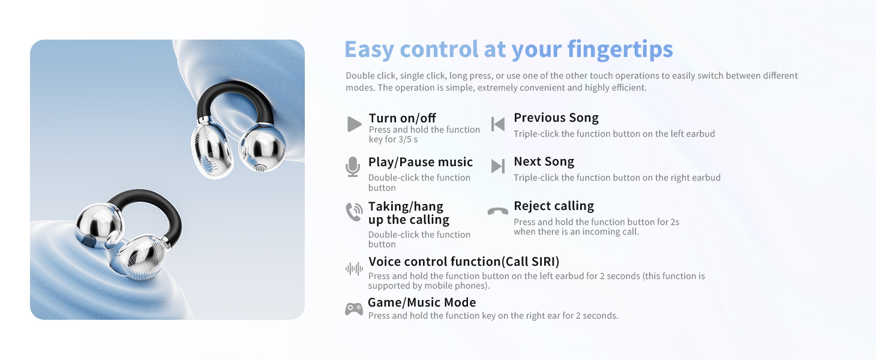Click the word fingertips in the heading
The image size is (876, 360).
pyautogui.click(x=620, y=50)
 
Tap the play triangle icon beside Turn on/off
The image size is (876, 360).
pyautogui.click(x=355, y=124)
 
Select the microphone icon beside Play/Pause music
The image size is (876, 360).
pyautogui.click(x=353, y=167)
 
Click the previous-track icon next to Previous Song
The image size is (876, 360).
pyautogui.click(x=498, y=124)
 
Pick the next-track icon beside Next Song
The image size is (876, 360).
pyautogui.click(x=498, y=166)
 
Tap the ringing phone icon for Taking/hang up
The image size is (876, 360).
pyautogui.click(x=354, y=212)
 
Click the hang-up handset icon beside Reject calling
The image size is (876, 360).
pyautogui.click(x=498, y=211)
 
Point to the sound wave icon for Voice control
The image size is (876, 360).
pyautogui.click(x=355, y=269)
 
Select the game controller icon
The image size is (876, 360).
pyautogui.click(x=354, y=309)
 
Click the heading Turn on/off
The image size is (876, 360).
pyautogui.click(x=402, y=118)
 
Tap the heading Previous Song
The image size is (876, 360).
pyautogui.click(x=556, y=118)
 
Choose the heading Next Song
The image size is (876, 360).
pyautogui.click(x=544, y=161)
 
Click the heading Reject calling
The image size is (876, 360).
pyautogui.click(x=554, y=206)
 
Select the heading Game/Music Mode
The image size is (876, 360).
pyautogui.click(x=422, y=302)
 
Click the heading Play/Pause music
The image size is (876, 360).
pyautogui.click(x=421, y=162)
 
